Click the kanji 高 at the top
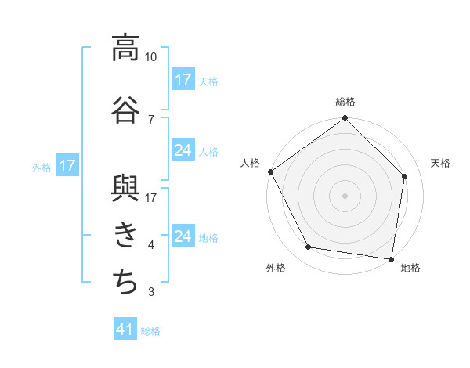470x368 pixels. (x=125, y=48)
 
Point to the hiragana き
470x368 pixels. (x=125, y=233)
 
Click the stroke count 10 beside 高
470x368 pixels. (x=151, y=57)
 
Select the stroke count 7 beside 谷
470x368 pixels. (x=151, y=119)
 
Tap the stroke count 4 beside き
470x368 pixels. (x=151, y=245)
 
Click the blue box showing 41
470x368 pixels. (x=125, y=330)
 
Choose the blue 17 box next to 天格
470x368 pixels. (x=183, y=80)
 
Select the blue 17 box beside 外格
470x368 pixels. (x=67, y=166)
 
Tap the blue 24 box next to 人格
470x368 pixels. (x=183, y=150)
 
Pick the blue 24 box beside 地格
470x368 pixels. (x=183, y=236)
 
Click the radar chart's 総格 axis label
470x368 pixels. (x=345, y=102)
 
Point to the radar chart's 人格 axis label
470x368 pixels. (x=251, y=163)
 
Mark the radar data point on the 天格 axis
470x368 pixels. (x=405, y=176)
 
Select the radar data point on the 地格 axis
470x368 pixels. (x=391, y=258)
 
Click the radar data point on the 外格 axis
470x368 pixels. (x=309, y=247)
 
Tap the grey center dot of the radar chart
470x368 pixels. (x=345, y=196)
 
